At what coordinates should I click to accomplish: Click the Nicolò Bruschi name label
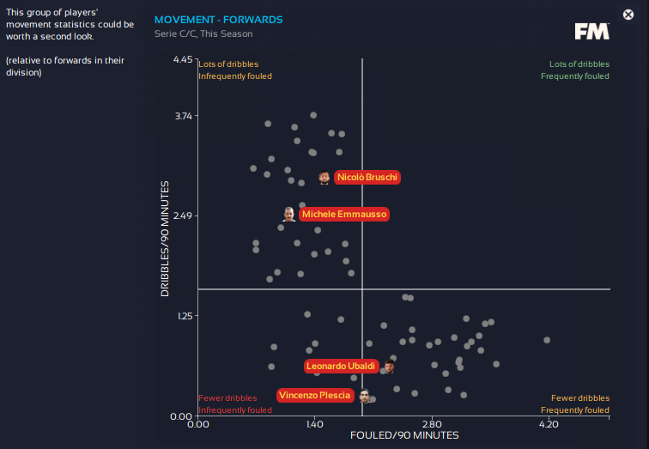point(367,178)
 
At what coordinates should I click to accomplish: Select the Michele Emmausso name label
point(344,214)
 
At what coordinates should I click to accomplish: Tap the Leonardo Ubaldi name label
point(341,367)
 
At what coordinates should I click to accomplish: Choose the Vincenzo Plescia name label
point(315,395)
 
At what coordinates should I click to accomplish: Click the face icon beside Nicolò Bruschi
point(324,178)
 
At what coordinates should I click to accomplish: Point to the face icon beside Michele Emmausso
point(288,214)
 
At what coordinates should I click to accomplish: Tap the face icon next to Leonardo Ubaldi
point(389,367)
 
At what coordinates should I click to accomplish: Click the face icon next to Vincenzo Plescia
point(364,396)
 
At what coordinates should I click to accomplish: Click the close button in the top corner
point(628,15)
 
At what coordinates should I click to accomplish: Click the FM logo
point(591,32)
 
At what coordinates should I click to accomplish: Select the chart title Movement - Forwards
point(218,20)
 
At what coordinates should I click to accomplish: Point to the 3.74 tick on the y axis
point(183,116)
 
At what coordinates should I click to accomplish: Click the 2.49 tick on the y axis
point(183,215)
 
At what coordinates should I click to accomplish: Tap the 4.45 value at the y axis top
point(183,60)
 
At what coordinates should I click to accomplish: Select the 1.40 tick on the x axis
point(314,424)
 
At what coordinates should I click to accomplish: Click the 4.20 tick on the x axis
point(549,424)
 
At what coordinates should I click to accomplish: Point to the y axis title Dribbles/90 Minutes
point(165,239)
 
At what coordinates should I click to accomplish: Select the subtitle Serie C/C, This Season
point(203,34)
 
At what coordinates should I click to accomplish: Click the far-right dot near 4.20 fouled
point(547,340)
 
